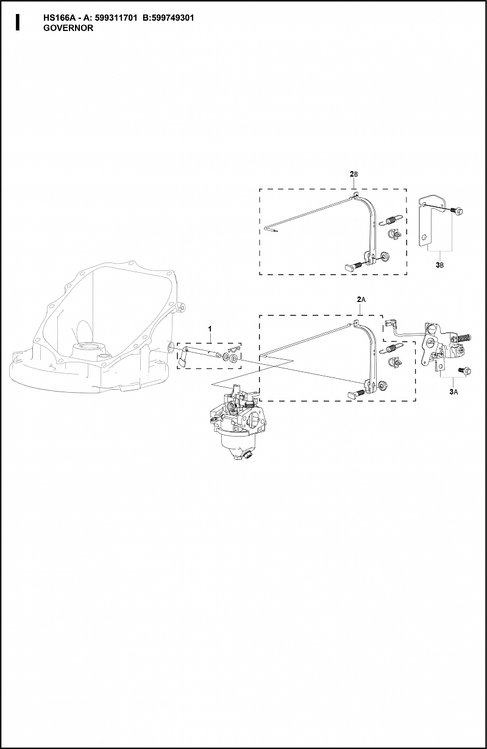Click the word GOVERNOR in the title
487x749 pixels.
[x=68, y=28]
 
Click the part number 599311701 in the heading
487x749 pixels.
[x=116, y=18]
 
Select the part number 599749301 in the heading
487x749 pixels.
[x=172, y=18]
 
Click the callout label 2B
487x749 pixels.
[x=354, y=174]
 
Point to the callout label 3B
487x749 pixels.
[x=439, y=265]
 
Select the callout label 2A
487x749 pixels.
[x=361, y=300]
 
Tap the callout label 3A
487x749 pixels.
[x=453, y=392]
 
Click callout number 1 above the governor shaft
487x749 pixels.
[x=210, y=329]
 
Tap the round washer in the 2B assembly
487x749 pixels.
[x=385, y=257]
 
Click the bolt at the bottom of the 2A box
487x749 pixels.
[x=356, y=393]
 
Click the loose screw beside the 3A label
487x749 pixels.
[x=465, y=371]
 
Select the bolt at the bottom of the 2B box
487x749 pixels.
[x=353, y=266]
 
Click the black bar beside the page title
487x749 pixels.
[x=18, y=23]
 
